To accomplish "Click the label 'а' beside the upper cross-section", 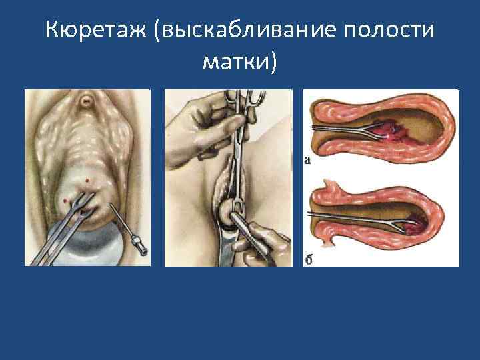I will click(308, 159).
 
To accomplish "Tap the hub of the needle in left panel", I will click(141, 249).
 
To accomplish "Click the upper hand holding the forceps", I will click(200, 120).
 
